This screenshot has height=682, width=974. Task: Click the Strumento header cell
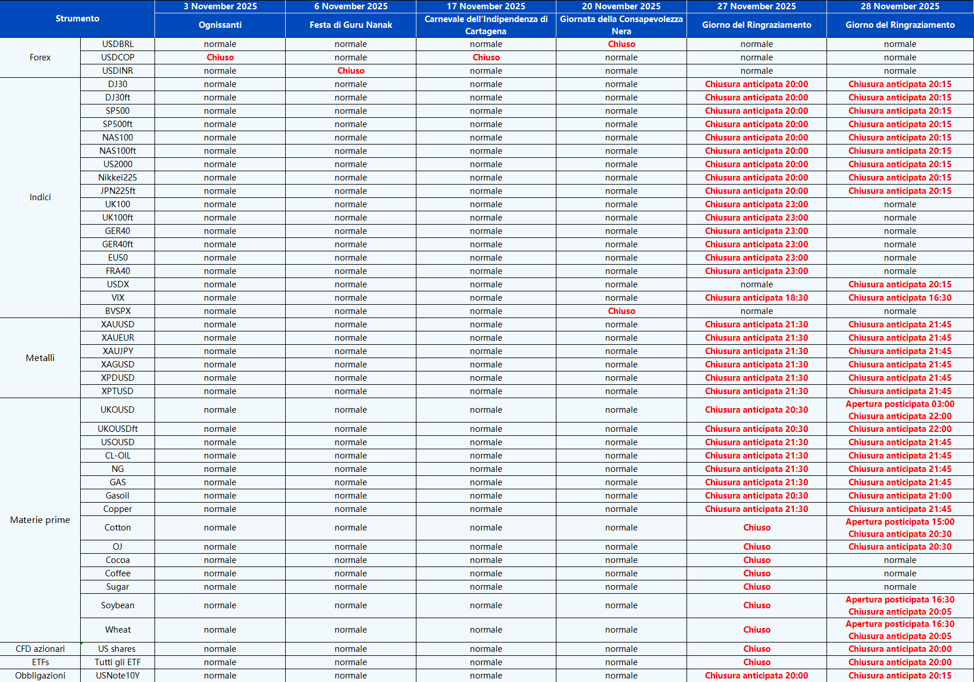point(77,19)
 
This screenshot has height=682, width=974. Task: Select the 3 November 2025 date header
point(220,6)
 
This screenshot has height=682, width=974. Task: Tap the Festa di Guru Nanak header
point(351,25)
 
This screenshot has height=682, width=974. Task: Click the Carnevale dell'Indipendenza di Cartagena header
point(486,25)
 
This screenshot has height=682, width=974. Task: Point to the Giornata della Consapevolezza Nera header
point(621,25)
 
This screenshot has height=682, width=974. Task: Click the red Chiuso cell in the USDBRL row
point(621,44)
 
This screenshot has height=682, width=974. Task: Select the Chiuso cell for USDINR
point(351,71)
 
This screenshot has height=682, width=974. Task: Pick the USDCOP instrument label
point(117,57)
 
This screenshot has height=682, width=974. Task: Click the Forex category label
point(40,57)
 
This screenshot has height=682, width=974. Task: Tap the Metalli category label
point(40,358)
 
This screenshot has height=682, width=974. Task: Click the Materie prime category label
point(40,519)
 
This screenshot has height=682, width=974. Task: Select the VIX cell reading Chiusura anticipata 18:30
point(756,298)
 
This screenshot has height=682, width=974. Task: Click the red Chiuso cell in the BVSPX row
point(621,311)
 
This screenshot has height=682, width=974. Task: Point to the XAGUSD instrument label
point(117,365)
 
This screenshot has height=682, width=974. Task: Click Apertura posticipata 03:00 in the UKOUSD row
point(900,404)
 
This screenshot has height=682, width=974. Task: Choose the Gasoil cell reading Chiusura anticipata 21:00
point(900,496)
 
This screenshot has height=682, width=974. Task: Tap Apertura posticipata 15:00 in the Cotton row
point(900,522)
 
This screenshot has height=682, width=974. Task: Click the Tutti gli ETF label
point(117,662)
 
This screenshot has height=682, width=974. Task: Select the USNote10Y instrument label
point(117,676)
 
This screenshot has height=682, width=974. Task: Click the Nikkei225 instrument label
point(117,178)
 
